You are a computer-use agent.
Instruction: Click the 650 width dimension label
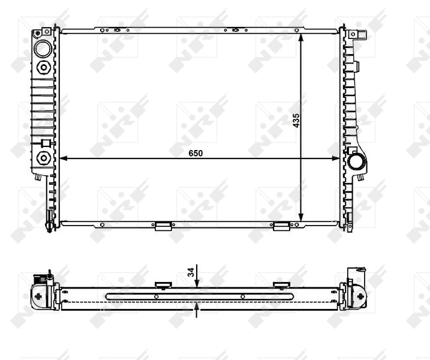[x=196, y=153]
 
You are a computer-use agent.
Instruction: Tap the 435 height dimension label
[x=296, y=121]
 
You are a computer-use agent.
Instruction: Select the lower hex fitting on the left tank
[x=43, y=158]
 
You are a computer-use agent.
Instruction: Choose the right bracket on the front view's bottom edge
[x=281, y=226]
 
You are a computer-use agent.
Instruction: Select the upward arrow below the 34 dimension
[x=197, y=308]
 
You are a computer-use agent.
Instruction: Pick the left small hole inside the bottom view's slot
[x=157, y=296]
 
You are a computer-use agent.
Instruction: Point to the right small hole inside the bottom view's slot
[x=242, y=296]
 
